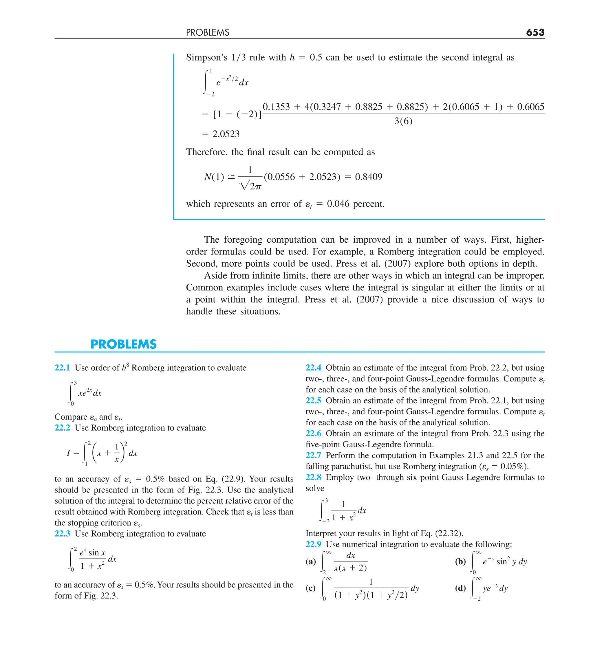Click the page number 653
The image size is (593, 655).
[x=535, y=32]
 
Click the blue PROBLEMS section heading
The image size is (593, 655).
[x=123, y=344]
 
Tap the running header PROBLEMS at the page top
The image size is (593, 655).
[x=207, y=32]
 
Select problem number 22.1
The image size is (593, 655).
[x=62, y=368]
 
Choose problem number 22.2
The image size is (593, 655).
[x=62, y=428]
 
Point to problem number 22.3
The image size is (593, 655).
[x=62, y=534]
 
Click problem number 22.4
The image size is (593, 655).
[x=313, y=368]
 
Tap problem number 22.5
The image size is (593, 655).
[x=313, y=400]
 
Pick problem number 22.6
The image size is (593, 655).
[x=313, y=433]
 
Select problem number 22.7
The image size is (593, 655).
[x=313, y=455]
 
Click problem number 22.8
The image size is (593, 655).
[x=313, y=477]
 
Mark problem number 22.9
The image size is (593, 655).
[x=313, y=545]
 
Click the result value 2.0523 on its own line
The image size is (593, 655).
[x=226, y=134]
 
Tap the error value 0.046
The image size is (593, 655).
[x=338, y=204]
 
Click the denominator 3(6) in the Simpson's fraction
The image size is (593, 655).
[x=403, y=121]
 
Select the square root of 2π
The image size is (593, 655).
[x=250, y=186]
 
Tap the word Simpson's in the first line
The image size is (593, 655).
[x=207, y=58]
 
